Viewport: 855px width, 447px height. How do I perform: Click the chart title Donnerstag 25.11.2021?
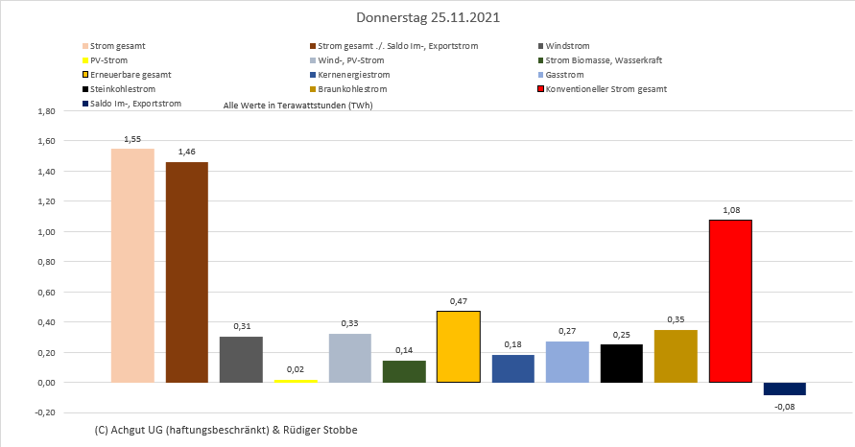point(427,18)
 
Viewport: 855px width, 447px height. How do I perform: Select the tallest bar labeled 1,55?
point(132,266)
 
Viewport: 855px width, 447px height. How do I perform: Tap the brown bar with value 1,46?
point(186,272)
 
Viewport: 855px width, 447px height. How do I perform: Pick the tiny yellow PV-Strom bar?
point(295,381)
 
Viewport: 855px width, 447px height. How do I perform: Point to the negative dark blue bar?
point(785,388)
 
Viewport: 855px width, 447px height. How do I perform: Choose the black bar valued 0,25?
point(622,364)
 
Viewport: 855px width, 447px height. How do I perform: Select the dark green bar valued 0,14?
point(404,371)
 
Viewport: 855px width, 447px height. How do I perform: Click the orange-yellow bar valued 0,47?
point(458,347)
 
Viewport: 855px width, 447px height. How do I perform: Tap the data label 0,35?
point(677,320)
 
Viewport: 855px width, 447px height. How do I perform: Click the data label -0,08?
point(785,406)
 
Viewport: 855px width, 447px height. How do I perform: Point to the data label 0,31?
point(241,327)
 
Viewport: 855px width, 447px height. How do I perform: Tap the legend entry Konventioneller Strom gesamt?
point(606,89)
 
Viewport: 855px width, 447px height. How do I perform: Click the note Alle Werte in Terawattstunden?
point(297,105)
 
